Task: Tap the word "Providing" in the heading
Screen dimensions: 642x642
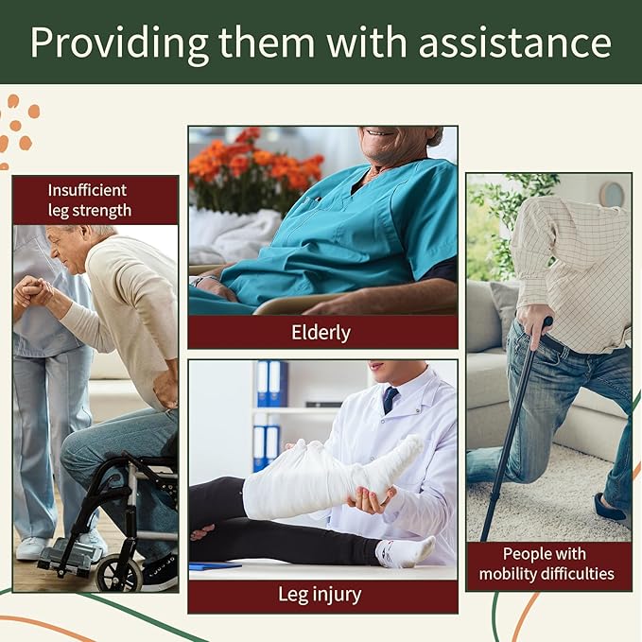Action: [106, 43]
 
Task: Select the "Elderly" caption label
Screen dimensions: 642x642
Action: [322, 332]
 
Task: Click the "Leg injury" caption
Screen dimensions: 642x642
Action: [322, 595]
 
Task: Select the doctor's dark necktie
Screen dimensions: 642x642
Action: [390, 399]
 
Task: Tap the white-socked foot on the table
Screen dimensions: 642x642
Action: [405, 550]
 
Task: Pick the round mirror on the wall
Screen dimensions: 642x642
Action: [612, 194]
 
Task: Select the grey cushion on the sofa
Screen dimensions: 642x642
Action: [505, 307]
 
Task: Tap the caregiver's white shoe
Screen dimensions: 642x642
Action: [32, 547]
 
